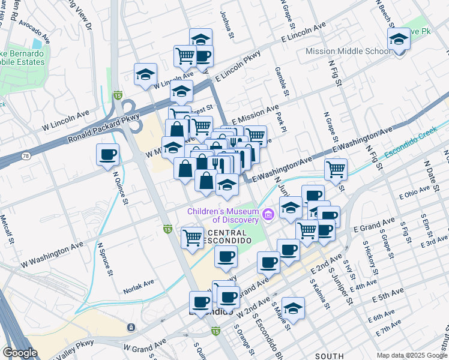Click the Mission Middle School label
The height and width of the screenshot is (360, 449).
348,52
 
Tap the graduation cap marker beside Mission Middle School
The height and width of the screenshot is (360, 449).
399,40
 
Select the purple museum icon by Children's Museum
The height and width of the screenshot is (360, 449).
268,214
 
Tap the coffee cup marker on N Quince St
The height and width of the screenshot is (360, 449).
108,155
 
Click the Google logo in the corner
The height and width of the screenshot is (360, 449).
20,352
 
